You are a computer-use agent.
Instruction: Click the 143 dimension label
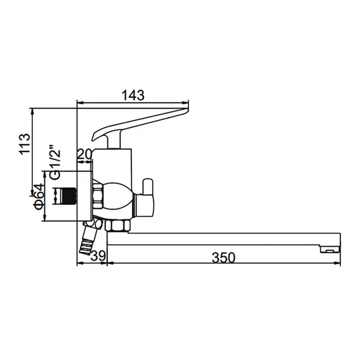[x=133, y=95]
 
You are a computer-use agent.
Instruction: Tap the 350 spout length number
[x=223, y=257]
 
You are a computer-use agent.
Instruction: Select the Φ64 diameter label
[x=39, y=197]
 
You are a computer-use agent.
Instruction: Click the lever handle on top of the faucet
[x=139, y=124]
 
